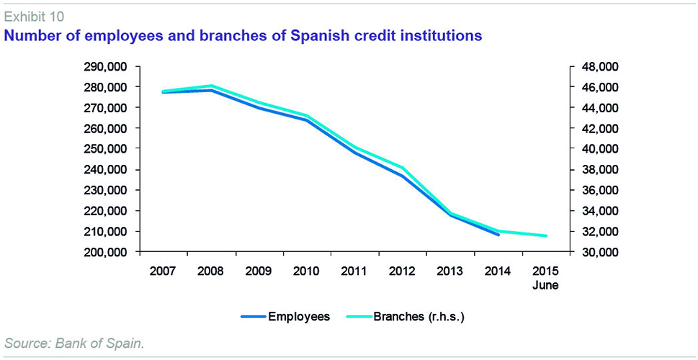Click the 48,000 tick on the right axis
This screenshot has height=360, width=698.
tap(600, 66)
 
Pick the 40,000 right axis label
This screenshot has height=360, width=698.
tap(600, 149)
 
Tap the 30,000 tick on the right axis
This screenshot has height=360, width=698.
tap(600, 253)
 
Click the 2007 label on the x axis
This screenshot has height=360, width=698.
tap(163, 271)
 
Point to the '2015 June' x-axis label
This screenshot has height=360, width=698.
tap(545, 277)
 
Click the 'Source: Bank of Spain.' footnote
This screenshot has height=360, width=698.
tap(75, 343)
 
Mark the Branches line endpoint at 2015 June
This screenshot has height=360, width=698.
tap(545, 235)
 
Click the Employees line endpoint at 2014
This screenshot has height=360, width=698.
tap(498, 235)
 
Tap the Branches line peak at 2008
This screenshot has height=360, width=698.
tap(210, 86)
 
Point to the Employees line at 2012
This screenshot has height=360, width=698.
tap(402, 176)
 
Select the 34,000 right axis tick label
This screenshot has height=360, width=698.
tap(600, 211)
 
